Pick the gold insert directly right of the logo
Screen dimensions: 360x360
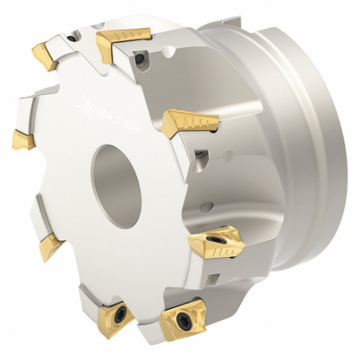[189, 122]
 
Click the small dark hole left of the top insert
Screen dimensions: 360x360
[73, 35]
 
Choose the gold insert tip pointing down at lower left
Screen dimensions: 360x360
[50, 246]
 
